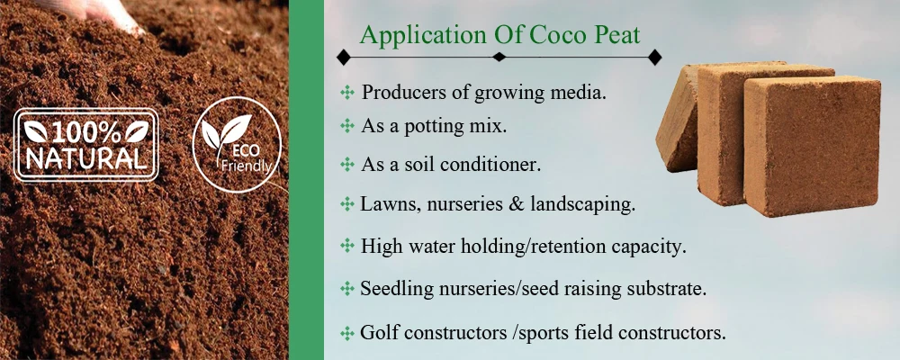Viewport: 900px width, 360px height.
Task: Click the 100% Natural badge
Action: [x=86, y=146]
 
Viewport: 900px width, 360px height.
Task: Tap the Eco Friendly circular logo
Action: [x=237, y=144]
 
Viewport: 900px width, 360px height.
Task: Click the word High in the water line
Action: [x=380, y=245]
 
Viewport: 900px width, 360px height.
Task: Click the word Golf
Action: [x=379, y=332]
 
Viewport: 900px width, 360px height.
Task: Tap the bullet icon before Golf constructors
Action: [x=346, y=333]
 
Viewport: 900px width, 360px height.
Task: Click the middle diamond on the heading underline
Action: [x=499, y=57]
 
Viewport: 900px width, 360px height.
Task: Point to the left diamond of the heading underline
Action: [x=343, y=57]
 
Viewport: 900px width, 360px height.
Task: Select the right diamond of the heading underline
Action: [x=655, y=57]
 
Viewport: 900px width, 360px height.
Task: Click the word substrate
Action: [x=666, y=288]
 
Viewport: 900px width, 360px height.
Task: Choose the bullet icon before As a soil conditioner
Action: [x=346, y=165]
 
